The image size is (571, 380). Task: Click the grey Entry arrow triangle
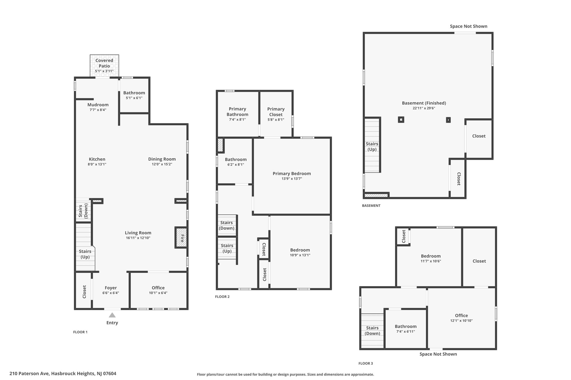coord(112,315)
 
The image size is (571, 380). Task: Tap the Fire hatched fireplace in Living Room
coord(181,238)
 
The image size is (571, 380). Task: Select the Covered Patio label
coord(104,63)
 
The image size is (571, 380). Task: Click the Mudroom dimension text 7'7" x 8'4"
coord(98,110)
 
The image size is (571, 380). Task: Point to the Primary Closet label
coord(276,112)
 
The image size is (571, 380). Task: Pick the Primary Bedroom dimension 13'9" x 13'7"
coord(292,179)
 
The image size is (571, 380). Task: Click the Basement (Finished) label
coord(424,103)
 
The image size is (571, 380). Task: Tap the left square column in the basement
coord(401,120)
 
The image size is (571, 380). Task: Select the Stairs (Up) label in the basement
coord(372,146)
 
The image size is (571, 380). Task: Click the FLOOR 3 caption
coord(366,363)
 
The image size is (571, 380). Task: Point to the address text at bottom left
coord(63,374)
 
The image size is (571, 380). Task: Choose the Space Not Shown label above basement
coord(468,26)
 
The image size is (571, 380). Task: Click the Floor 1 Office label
coord(158,288)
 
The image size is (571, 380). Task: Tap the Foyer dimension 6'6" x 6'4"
coord(111,293)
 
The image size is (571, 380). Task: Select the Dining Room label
coord(162,159)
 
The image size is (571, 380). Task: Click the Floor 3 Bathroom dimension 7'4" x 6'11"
coord(406,332)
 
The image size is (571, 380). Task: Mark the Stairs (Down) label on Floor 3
coord(372,330)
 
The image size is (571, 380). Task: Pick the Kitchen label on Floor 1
coord(97,159)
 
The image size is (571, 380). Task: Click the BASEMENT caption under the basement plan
coord(371,206)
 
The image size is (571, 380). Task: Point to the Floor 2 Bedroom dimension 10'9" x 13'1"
coord(300,255)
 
